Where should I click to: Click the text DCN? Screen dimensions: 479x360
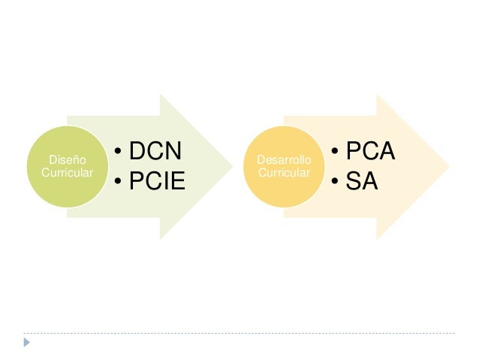pos(155,152)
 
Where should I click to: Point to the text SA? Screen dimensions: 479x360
pos(360,180)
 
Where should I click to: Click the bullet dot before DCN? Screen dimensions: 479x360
pos(119,153)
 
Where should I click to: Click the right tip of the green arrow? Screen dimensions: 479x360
pos(232,167)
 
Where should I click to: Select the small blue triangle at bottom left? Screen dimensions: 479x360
pos(27,343)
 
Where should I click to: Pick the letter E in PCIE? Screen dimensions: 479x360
pos(177,182)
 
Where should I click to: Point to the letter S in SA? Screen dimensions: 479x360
pos(351,180)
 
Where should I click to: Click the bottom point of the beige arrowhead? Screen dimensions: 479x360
pos(377,238)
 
